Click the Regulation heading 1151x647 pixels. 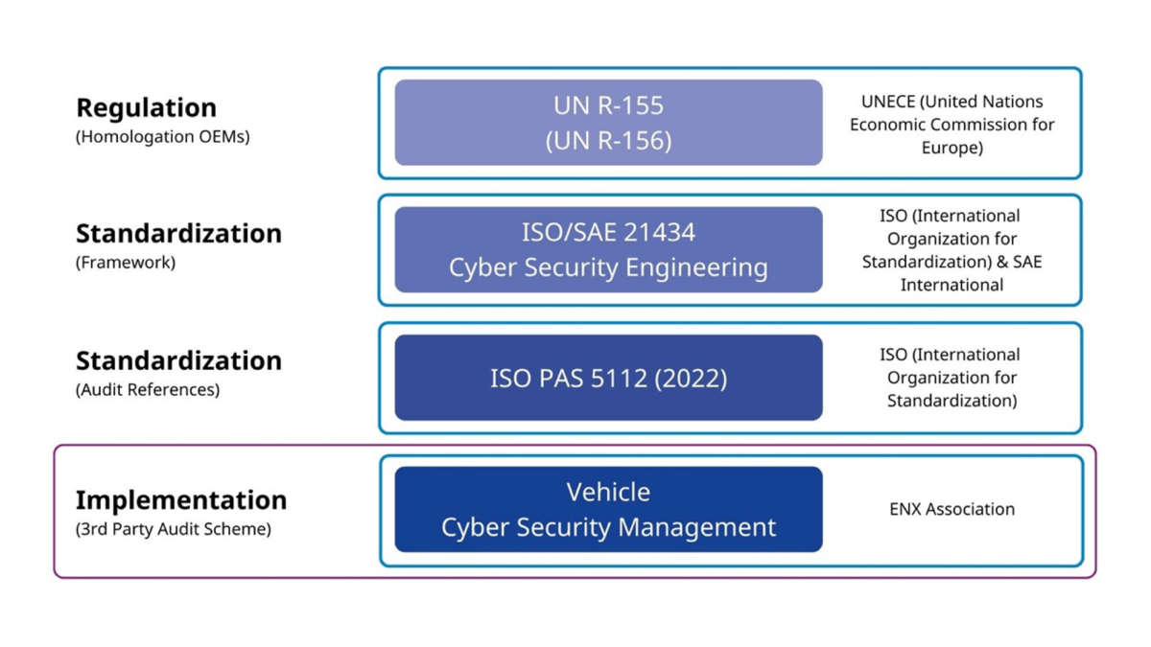pyautogui.click(x=146, y=107)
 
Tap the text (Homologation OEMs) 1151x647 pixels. pyautogui.click(x=162, y=136)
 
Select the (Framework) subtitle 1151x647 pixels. pyautogui.click(x=125, y=263)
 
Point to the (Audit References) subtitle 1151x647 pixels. pyautogui.click(x=147, y=390)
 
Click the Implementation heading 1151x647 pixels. pyautogui.click(x=181, y=500)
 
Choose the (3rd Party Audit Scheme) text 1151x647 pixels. pyautogui.click(x=173, y=529)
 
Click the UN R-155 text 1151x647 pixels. pyautogui.click(x=608, y=105)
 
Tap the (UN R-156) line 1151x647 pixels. pyautogui.click(x=608, y=141)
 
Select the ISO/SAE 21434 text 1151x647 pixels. pyautogui.click(x=608, y=232)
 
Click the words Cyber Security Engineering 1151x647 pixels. pyautogui.click(x=608, y=267)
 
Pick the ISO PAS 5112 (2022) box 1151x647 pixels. pyautogui.click(x=608, y=378)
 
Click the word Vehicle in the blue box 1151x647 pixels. pyautogui.click(x=608, y=492)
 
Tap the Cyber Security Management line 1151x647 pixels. pyautogui.click(x=608, y=527)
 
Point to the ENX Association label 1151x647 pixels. pyautogui.click(x=951, y=509)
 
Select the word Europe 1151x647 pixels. pyautogui.click(x=951, y=148)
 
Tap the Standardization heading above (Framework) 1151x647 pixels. pyautogui.click(x=178, y=234)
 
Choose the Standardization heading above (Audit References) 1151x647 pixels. pyautogui.click(x=178, y=361)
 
